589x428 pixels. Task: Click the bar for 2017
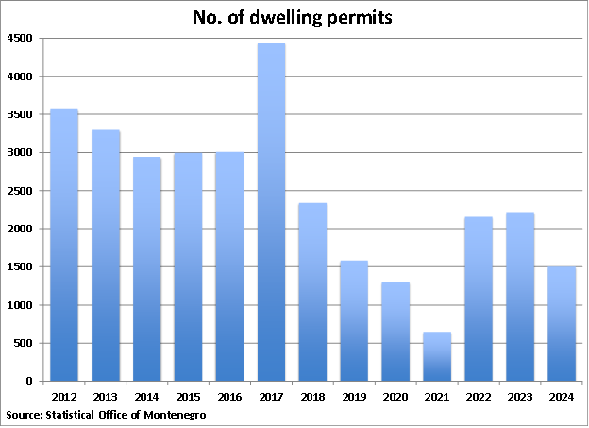coord(271,213)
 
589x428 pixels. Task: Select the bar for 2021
coord(437,356)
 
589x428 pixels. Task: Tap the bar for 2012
coord(64,245)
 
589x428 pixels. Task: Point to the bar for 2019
coord(354,321)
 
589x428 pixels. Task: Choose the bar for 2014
coord(146,269)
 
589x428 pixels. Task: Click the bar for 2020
coord(395,332)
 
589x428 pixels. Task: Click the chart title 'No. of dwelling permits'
coord(294,17)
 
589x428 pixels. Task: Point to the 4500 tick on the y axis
coord(22,39)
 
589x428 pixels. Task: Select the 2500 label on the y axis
coord(22,191)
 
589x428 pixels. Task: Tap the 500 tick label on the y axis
coord(25,344)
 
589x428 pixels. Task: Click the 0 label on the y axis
coord(30,382)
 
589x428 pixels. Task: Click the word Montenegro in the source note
coord(174,415)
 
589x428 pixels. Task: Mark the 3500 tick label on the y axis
coord(22,115)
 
